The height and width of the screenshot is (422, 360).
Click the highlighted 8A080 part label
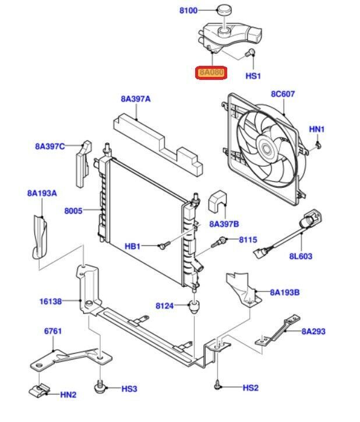point(211,72)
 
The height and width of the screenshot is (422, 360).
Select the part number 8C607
point(283,93)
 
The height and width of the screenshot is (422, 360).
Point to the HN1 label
point(316,129)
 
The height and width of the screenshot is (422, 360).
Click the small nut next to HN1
point(318,145)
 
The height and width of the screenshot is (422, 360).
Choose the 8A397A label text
point(136,99)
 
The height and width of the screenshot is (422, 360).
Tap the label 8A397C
point(50,146)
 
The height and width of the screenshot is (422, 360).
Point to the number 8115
point(247,239)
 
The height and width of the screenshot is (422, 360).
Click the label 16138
point(51,301)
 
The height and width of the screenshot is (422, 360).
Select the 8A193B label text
point(284,293)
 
